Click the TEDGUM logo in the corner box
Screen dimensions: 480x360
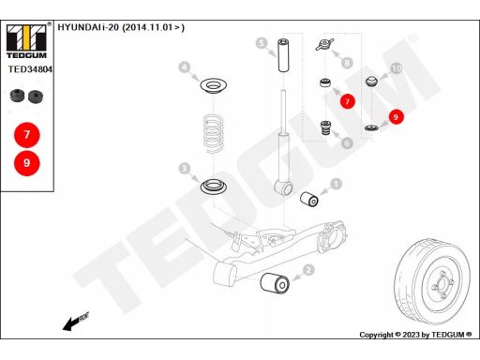[26, 41]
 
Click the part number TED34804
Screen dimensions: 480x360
[30, 69]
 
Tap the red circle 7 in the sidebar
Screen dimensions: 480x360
[27, 135]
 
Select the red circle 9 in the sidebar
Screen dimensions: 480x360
[27, 163]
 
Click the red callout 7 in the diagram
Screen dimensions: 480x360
[347, 101]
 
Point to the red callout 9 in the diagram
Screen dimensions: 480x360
[396, 117]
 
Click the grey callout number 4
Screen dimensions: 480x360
[185, 67]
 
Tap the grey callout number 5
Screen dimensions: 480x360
[262, 43]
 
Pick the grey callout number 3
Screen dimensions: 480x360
[184, 169]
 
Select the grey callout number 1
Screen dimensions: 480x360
[336, 184]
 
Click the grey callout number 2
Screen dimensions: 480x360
[308, 270]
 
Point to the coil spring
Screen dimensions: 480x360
[213, 133]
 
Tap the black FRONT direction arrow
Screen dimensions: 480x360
[75, 322]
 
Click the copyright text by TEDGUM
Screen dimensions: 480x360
[415, 335]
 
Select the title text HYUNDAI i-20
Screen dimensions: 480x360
[88, 27]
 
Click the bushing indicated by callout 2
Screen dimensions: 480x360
[275, 283]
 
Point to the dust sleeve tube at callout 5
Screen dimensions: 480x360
[283, 55]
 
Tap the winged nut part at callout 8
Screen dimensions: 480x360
[324, 45]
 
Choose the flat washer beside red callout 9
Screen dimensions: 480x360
[371, 127]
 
